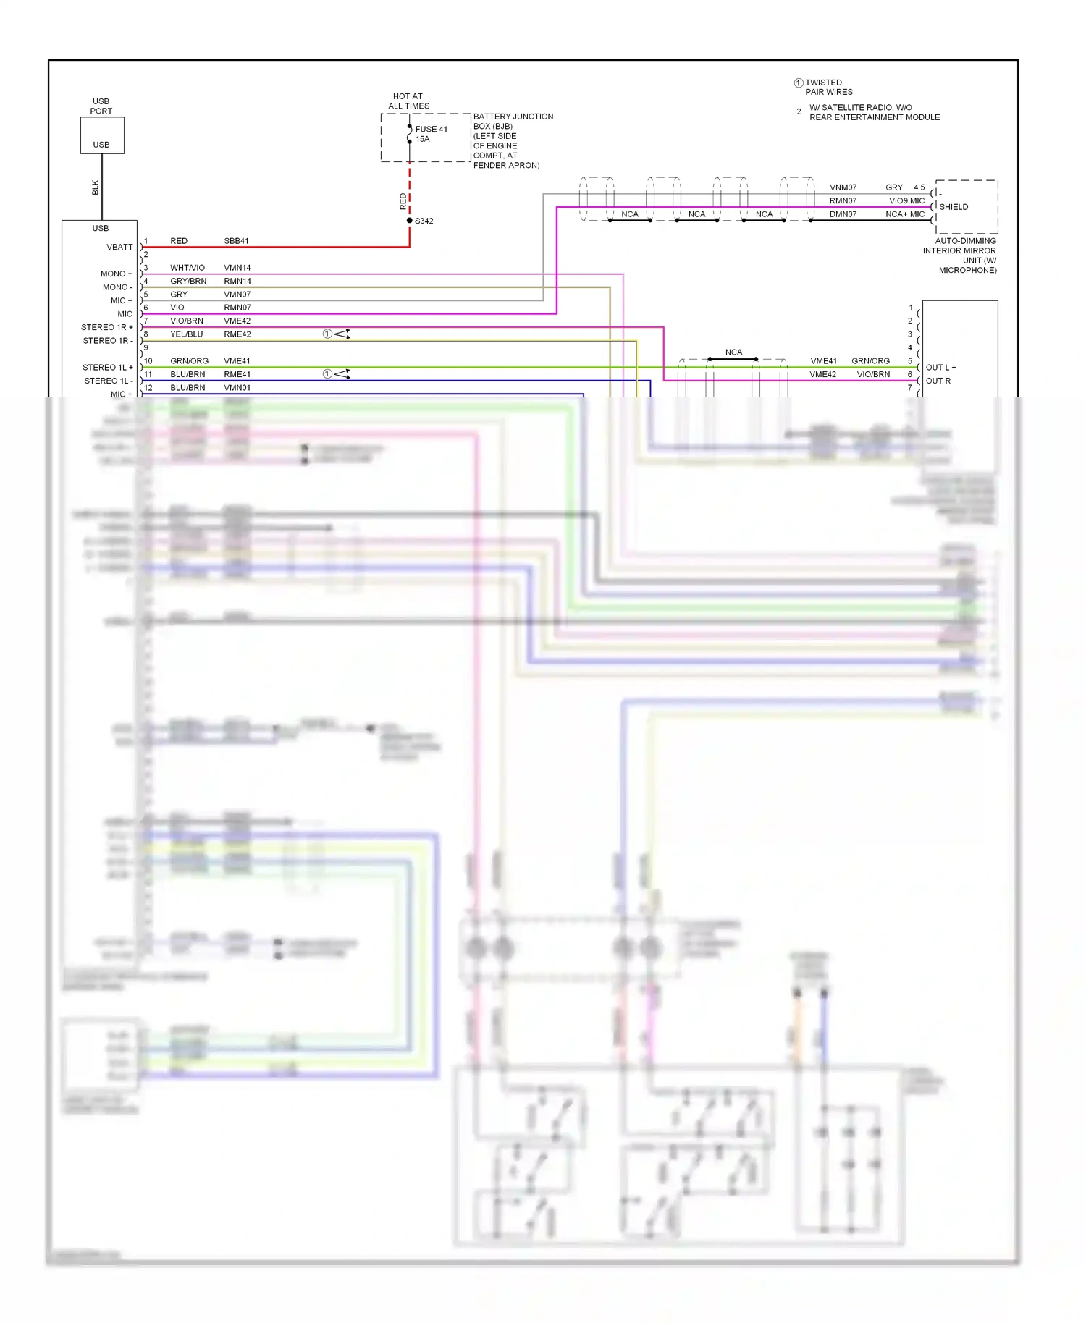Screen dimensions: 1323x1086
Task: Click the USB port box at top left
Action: tap(102, 135)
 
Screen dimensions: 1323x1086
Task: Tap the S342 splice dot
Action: tap(410, 221)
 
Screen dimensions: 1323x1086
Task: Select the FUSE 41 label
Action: tap(431, 130)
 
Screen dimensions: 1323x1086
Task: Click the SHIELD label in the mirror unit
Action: tap(954, 207)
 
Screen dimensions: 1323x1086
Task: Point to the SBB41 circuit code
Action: tap(236, 241)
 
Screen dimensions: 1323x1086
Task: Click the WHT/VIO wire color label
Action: tap(188, 268)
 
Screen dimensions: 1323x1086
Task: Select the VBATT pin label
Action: tap(119, 248)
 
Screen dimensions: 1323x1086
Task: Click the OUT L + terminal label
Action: tap(940, 368)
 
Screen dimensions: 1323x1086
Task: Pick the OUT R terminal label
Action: tap(938, 381)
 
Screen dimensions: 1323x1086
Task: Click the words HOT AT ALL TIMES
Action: tap(408, 101)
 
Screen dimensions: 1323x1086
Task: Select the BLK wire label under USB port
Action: tap(96, 188)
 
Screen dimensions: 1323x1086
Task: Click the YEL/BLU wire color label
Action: tap(186, 334)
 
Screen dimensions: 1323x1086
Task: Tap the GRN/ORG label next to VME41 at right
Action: tap(870, 361)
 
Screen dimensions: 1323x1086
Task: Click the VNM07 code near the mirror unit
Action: tap(843, 187)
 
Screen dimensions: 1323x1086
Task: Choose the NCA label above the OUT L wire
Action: tap(733, 352)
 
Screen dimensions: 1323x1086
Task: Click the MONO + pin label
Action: tap(116, 274)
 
